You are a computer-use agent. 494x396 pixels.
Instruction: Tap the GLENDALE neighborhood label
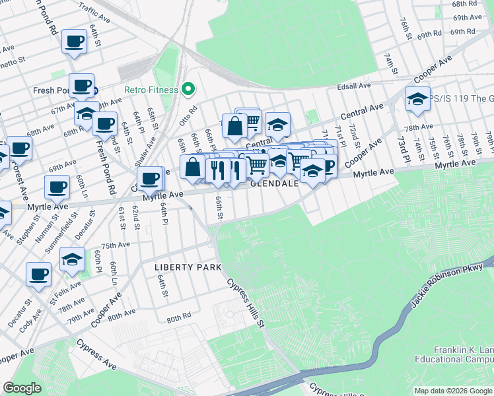click(274, 184)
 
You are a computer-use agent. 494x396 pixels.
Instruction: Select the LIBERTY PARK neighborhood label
click(187, 267)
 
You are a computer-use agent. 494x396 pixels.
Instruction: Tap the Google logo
click(22, 388)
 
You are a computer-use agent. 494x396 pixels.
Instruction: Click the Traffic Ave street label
click(92, 10)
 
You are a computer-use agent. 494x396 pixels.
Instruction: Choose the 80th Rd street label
click(178, 318)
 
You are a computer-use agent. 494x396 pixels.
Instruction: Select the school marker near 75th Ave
click(72, 260)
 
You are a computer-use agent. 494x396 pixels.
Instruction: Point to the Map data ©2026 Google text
click(453, 390)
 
